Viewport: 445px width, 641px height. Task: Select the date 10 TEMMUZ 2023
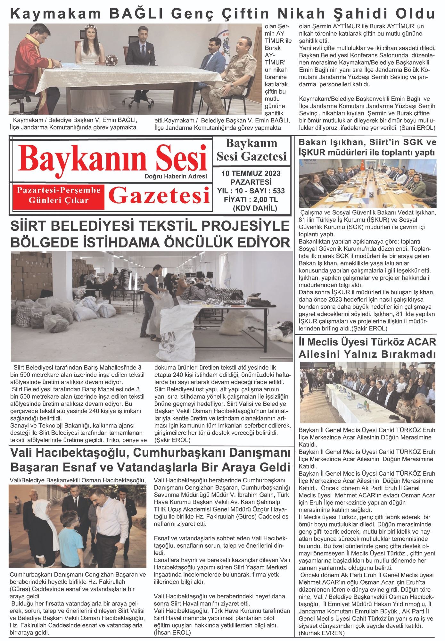tap(251, 174)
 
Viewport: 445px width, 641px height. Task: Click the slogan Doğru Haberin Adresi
tap(176, 176)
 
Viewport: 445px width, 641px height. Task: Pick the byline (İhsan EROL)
tap(172, 633)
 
